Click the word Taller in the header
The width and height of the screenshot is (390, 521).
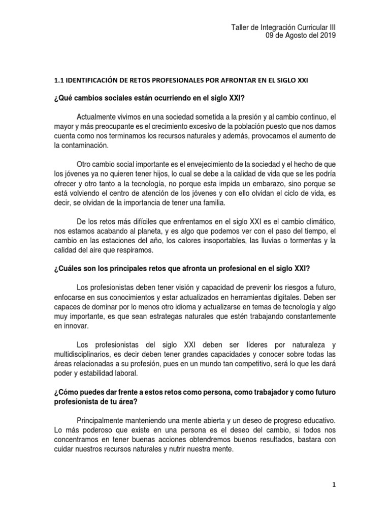pos(241,27)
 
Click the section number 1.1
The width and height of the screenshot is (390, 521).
pos(60,81)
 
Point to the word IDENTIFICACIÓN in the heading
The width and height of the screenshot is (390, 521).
pos(96,81)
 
